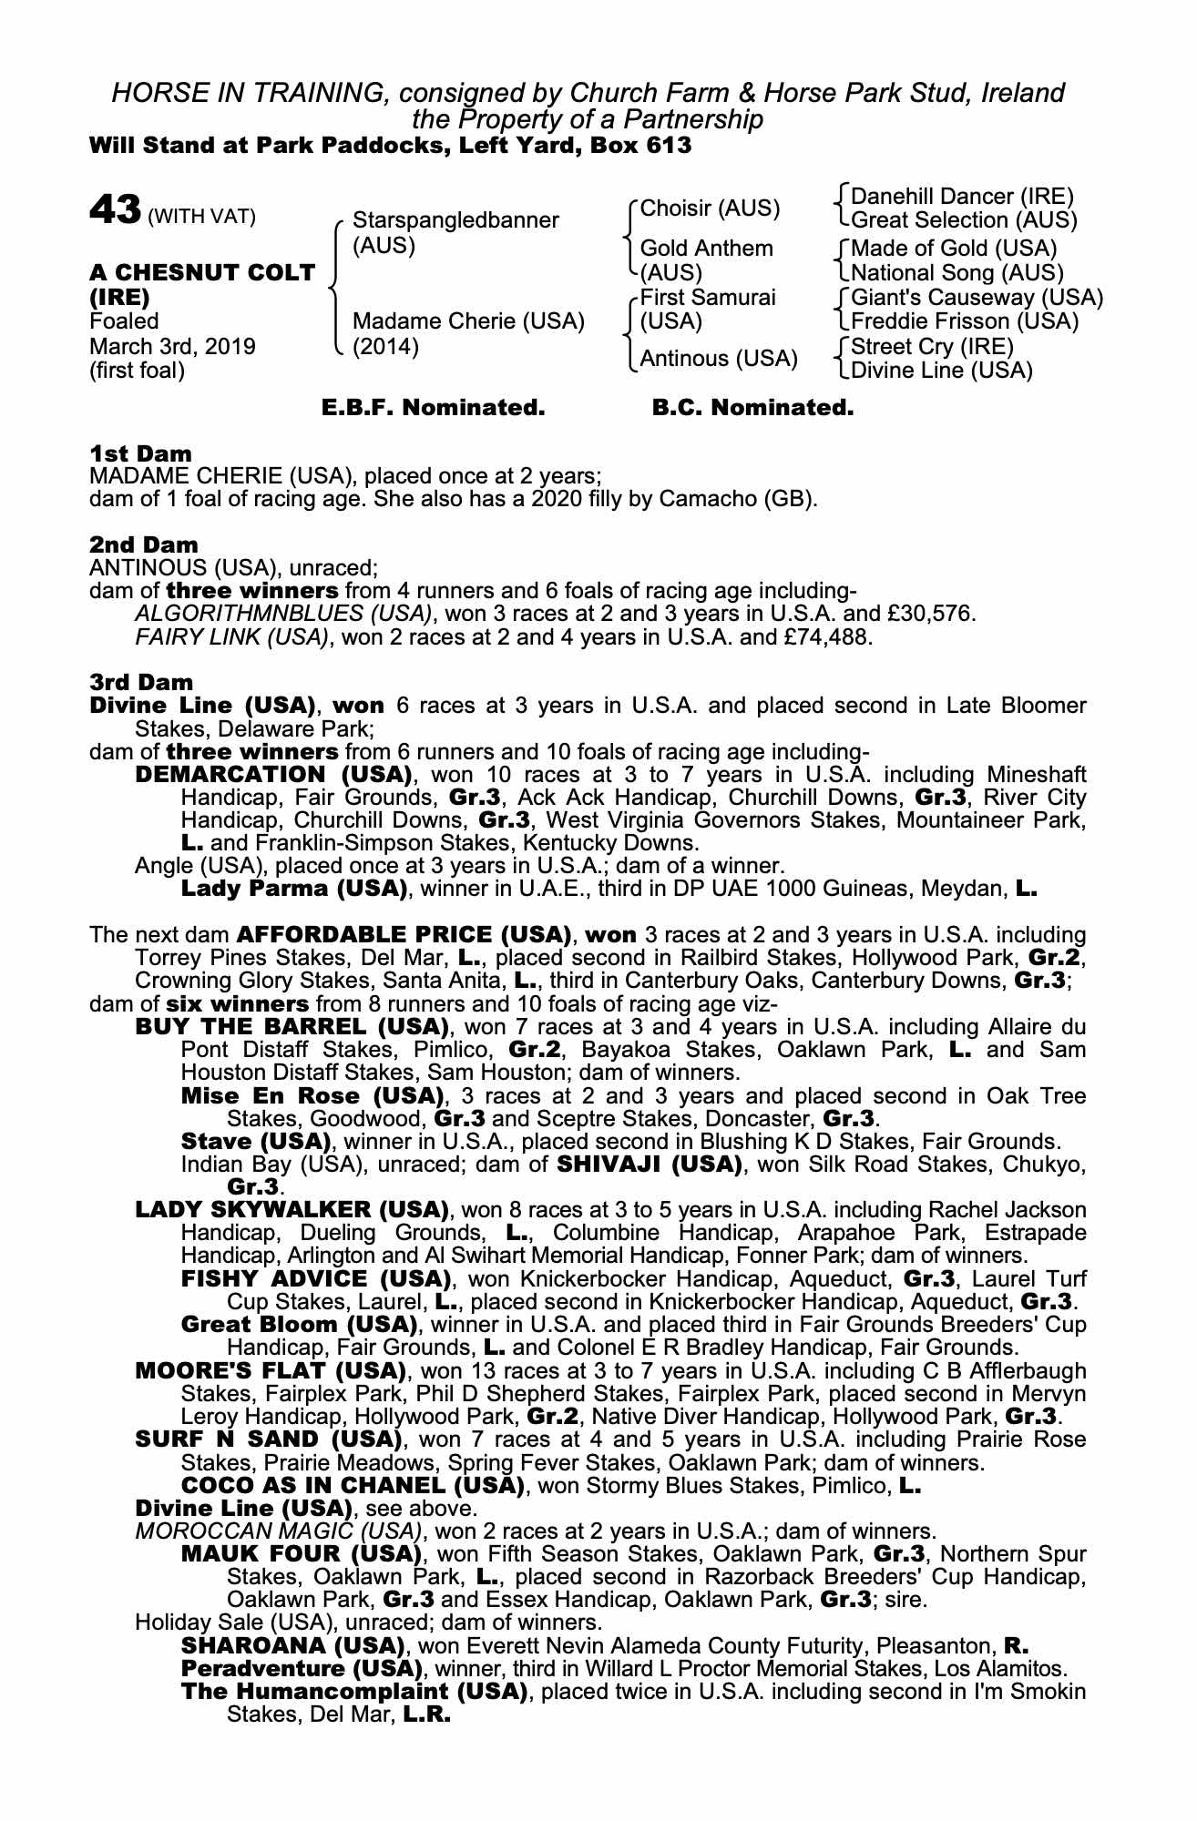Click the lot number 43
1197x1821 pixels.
pos(114,211)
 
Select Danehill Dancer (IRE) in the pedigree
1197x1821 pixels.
pos(962,197)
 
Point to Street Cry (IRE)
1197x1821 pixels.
pos(931,347)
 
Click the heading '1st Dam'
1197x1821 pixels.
pos(140,453)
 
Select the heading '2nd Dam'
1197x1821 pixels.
pos(143,545)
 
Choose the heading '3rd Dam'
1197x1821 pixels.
pos(141,682)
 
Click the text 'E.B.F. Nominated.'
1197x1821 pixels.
pos(434,408)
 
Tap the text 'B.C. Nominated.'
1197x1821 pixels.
pos(752,408)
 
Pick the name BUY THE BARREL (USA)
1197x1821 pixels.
pos(292,1027)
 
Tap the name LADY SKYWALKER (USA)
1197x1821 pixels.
pos(292,1211)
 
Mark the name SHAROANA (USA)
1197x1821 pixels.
pos(292,1646)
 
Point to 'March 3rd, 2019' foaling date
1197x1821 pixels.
pos(172,347)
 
